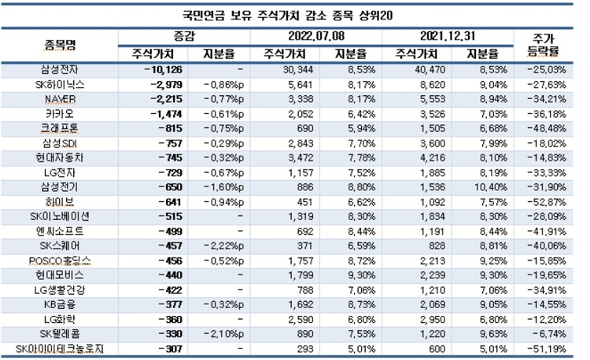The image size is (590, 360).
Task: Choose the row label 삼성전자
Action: tap(61, 70)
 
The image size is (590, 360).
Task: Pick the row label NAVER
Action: tap(60, 99)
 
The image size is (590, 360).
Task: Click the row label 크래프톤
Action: tap(61, 128)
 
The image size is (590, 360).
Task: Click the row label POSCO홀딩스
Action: tap(61, 260)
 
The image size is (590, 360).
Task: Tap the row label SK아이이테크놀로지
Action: tap(61, 348)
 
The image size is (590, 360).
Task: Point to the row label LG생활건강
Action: tap(61, 289)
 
